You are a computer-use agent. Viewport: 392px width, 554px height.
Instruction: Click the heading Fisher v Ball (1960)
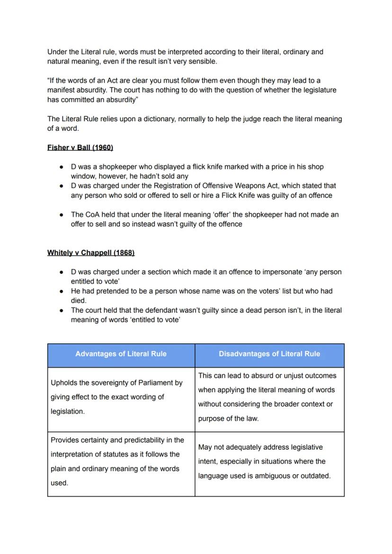tap(80, 147)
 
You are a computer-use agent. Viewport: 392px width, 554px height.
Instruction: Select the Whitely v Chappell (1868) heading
tap(91, 253)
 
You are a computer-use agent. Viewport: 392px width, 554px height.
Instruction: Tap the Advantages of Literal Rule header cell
tap(121, 354)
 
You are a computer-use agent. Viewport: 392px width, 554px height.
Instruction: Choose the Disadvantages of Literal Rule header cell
tap(269, 354)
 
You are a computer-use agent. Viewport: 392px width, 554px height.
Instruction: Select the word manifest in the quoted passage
tap(61, 90)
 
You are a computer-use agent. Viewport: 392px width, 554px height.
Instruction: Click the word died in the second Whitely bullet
tap(78, 300)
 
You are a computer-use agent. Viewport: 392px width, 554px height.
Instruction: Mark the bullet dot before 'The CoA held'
tap(62, 215)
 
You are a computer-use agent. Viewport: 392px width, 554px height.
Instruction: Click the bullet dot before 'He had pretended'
tap(62, 291)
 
